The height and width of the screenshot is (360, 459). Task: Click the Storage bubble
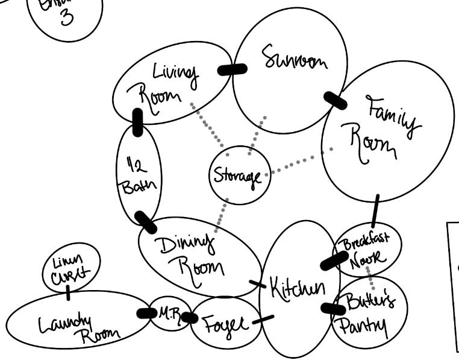pyautogui.click(x=237, y=176)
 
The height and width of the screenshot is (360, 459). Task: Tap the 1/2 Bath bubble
pyautogui.click(x=136, y=174)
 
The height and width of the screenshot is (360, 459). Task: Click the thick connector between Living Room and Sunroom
pyautogui.click(x=232, y=69)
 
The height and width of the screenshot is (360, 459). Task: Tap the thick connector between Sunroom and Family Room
pyautogui.click(x=335, y=100)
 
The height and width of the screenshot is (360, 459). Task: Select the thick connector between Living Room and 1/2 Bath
pyautogui.click(x=137, y=122)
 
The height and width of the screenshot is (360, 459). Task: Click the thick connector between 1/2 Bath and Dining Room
pyautogui.click(x=146, y=222)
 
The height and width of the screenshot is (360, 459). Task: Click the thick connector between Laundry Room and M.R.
pyautogui.click(x=146, y=313)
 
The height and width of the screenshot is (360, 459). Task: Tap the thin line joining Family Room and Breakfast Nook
pyautogui.click(x=375, y=210)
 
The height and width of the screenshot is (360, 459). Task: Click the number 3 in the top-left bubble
pyautogui.click(x=66, y=18)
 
